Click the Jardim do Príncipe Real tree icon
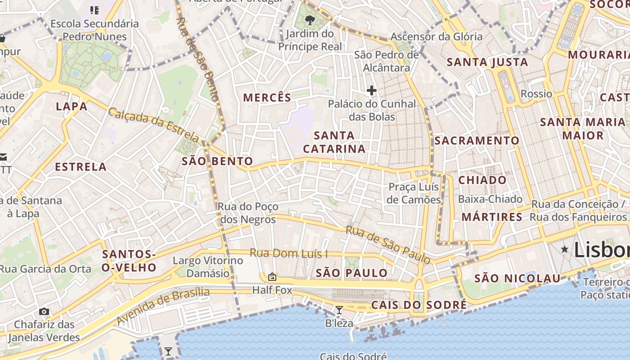tap(310, 20)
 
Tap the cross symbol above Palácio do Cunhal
tap(371, 90)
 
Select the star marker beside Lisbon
tap(564, 249)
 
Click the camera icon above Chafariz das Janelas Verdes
tap(44, 311)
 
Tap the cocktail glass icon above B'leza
tap(339, 310)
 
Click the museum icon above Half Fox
tap(272, 277)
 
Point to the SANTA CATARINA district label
tap(334, 142)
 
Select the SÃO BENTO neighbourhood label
tap(217, 161)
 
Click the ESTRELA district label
tap(81, 167)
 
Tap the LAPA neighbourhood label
tap(72, 106)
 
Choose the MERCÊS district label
tap(267, 97)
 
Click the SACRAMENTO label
tap(477, 140)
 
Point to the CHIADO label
tap(482, 180)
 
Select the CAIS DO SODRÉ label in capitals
tap(419, 305)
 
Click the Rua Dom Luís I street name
tap(288, 253)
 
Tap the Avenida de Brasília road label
tap(163, 306)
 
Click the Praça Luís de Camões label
tap(414, 193)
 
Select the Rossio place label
tap(536, 94)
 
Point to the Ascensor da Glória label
tap(436, 36)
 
